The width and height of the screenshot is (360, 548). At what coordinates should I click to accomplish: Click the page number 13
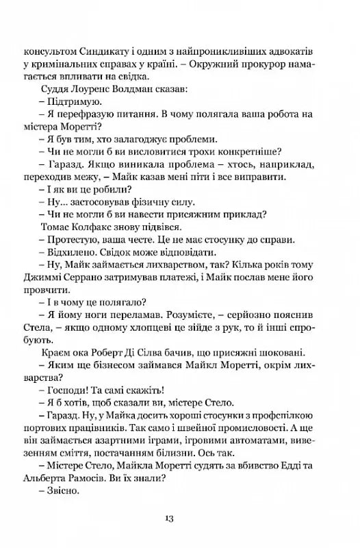(x=180, y=516)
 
